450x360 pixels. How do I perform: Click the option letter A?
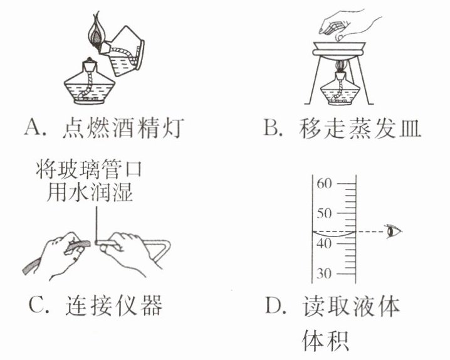(x=32, y=130)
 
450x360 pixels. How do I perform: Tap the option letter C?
(x=35, y=307)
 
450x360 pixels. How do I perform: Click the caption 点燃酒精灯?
(x=122, y=130)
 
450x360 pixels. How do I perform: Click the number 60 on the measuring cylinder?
(x=323, y=184)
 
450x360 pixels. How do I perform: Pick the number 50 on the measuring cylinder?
(x=323, y=214)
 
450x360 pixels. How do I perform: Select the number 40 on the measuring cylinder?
(x=323, y=244)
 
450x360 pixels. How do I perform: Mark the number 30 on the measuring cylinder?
(x=323, y=273)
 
